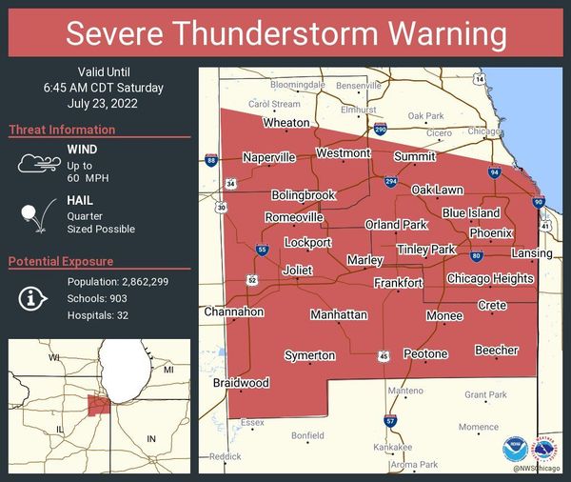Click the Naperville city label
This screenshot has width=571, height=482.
click(x=269, y=157)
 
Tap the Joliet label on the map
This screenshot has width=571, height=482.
click(x=297, y=271)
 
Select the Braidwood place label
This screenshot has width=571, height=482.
click(x=241, y=383)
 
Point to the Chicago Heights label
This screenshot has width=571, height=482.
click(x=490, y=278)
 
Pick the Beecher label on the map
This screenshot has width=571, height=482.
click(x=497, y=351)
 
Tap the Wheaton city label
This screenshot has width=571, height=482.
click(x=286, y=123)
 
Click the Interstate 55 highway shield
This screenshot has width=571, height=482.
click(x=262, y=250)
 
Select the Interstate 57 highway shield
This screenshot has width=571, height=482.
click(x=390, y=420)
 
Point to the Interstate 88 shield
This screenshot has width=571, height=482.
click(x=210, y=161)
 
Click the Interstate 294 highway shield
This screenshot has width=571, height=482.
click(x=391, y=181)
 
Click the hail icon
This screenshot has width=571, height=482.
click(x=36, y=216)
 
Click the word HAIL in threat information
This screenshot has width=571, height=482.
click(x=81, y=202)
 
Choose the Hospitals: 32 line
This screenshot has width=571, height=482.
click(x=98, y=315)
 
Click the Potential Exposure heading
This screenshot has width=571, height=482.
click(x=61, y=261)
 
